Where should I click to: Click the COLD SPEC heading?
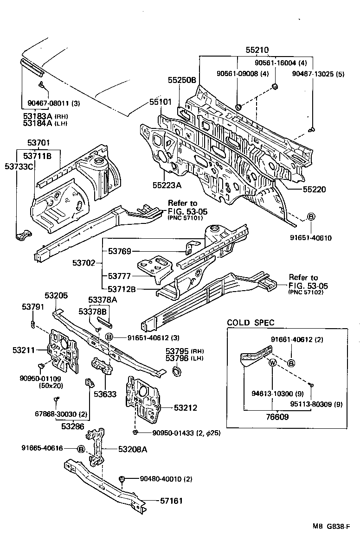point(251,323)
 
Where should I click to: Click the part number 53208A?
point(133,449)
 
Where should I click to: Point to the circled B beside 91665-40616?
point(81,449)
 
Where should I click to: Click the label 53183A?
point(38,115)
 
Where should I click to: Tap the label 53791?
point(33,306)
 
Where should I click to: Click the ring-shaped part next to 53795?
point(177,370)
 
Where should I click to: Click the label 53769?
point(120,251)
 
